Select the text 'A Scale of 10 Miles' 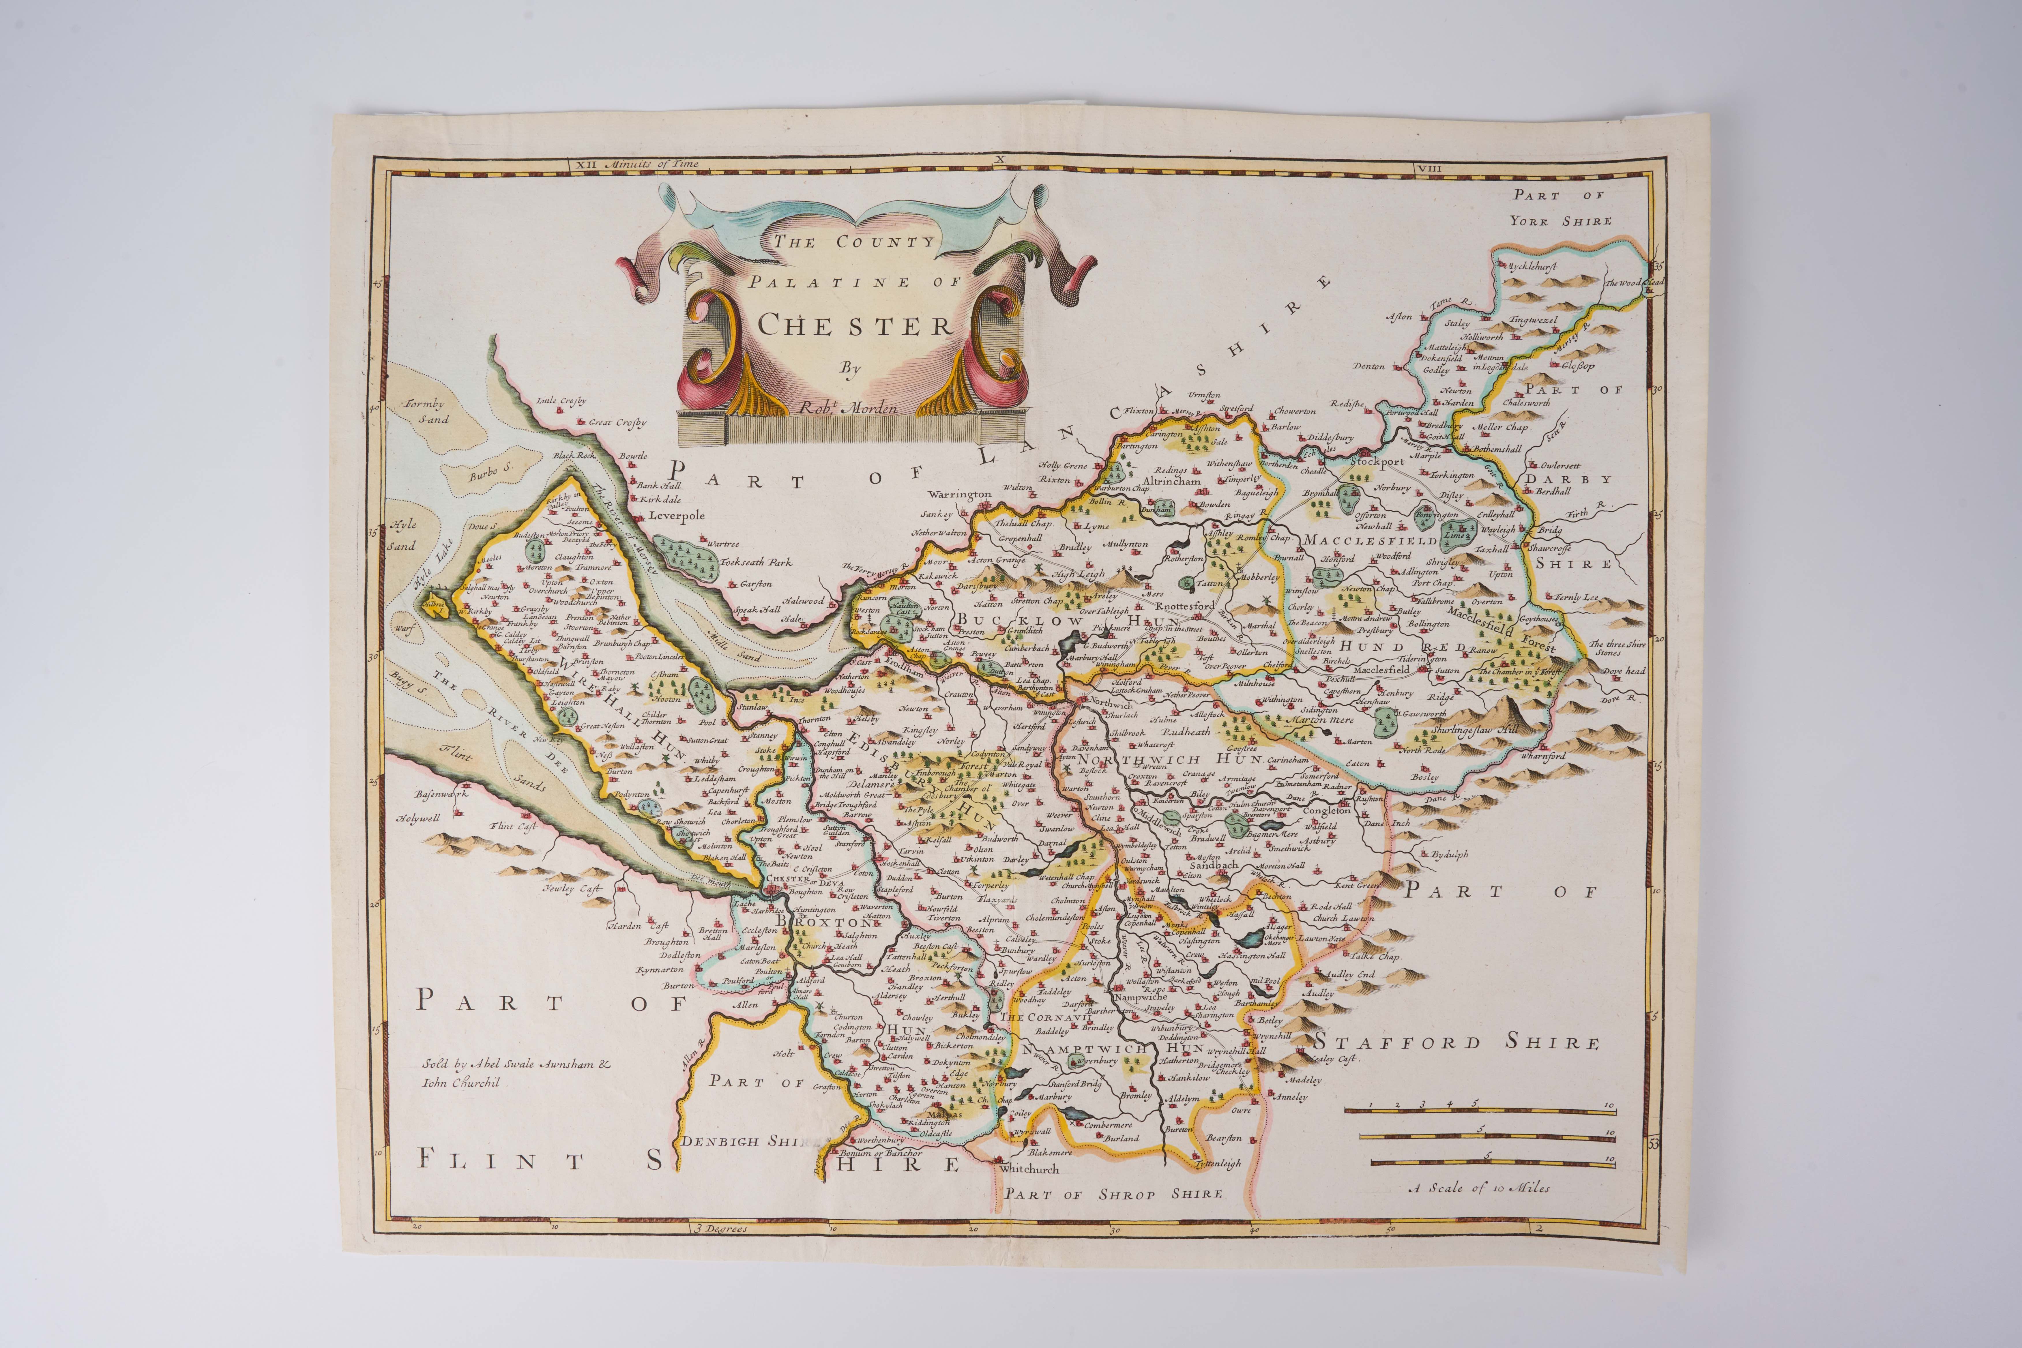(x=1479, y=1188)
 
